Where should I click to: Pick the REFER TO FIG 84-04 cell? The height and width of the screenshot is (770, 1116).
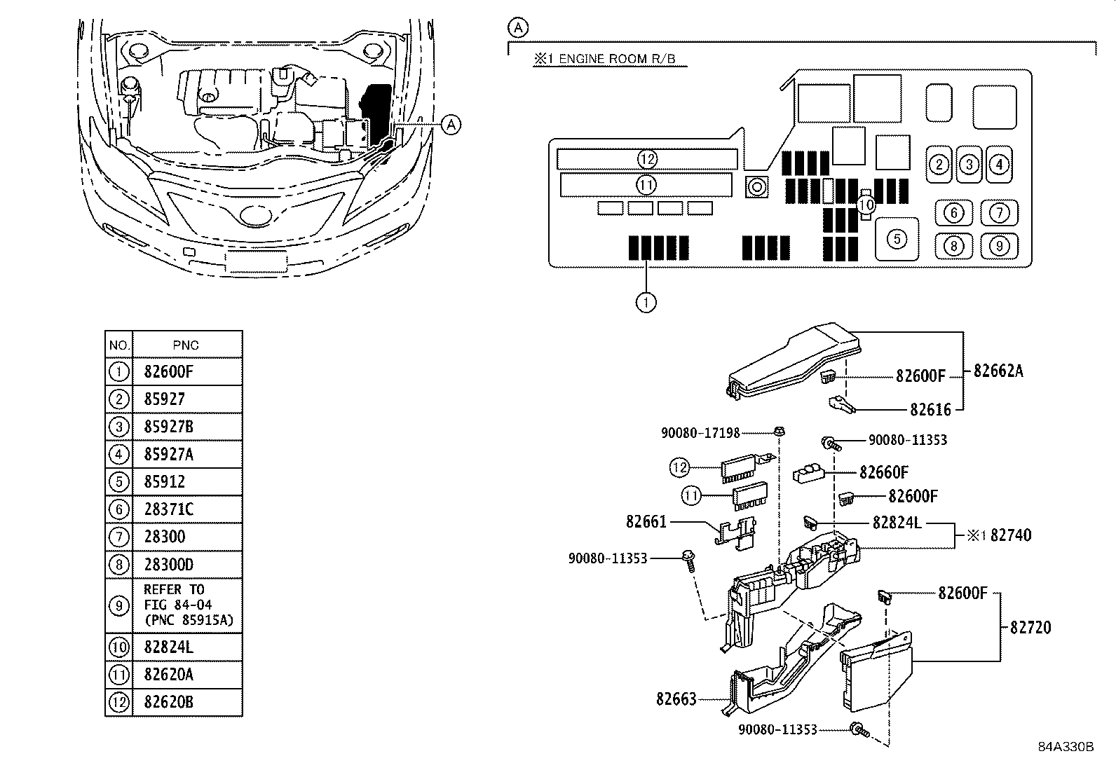pos(188,605)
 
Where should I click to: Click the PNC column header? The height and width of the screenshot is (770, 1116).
pos(186,345)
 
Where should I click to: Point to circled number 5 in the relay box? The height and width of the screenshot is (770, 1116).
pos(897,239)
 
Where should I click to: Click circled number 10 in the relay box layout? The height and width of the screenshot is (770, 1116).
pos(866,204)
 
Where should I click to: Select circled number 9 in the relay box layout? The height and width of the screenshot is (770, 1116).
pos(999,246)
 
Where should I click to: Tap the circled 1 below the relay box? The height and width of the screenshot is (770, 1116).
pos(646,302)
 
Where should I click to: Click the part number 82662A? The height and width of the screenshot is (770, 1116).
pos(998,371)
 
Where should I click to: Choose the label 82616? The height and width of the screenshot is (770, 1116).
pos(930,409)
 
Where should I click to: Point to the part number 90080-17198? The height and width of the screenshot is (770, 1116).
pos(700,433)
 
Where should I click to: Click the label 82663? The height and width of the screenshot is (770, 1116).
pos(676,699)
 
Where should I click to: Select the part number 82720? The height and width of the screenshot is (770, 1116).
pos(1030,628)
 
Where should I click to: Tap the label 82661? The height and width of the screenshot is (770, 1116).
pos(646,521)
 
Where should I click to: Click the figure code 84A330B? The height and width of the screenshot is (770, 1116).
pos(1066,747)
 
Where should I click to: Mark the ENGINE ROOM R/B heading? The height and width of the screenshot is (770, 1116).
pos(617,59)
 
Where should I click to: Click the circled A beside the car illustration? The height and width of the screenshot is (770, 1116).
pos(451,125)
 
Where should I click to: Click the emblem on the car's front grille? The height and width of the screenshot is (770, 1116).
pos(256,215)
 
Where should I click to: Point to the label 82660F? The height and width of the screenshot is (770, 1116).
pos(884,472)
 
